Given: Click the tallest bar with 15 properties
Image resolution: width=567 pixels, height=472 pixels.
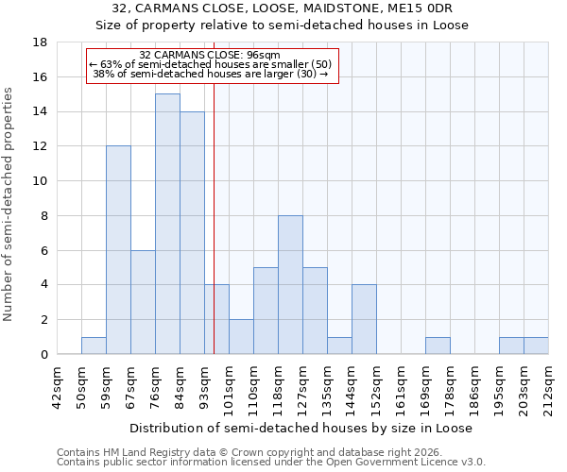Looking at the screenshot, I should point(167,224).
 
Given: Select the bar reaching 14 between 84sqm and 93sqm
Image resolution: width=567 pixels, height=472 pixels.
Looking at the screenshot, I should point(192,232).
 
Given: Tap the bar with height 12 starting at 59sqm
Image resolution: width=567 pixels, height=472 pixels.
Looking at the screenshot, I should point(118,250).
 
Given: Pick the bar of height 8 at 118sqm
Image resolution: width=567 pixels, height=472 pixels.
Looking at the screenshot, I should point(290,285).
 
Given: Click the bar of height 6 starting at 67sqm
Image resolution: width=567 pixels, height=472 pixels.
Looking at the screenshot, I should point(143,302).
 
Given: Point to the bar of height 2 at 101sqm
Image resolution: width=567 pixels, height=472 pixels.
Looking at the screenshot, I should point(241,337).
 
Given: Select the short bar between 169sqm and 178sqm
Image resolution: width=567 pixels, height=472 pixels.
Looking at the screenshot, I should point(438,346).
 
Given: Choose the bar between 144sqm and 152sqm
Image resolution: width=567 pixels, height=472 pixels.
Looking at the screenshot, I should point(364,320).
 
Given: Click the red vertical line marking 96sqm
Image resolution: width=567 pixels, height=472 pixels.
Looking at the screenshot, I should point(214,236).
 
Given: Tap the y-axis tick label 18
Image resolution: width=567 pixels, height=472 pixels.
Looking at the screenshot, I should point(40,42).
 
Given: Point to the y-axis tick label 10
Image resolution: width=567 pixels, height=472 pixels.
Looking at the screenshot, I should point(40,181).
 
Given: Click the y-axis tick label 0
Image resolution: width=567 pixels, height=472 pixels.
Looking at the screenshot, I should point(43,355).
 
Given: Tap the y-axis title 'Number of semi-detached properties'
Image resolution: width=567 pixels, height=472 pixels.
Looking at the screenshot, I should point(9,204).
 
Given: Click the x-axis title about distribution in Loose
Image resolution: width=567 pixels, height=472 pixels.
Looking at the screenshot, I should point(302,428).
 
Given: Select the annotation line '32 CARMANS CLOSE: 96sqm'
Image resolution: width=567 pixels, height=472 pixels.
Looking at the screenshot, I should point(209,56).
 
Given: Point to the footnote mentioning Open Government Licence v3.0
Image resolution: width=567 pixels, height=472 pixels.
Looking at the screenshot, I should point(271,463).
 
